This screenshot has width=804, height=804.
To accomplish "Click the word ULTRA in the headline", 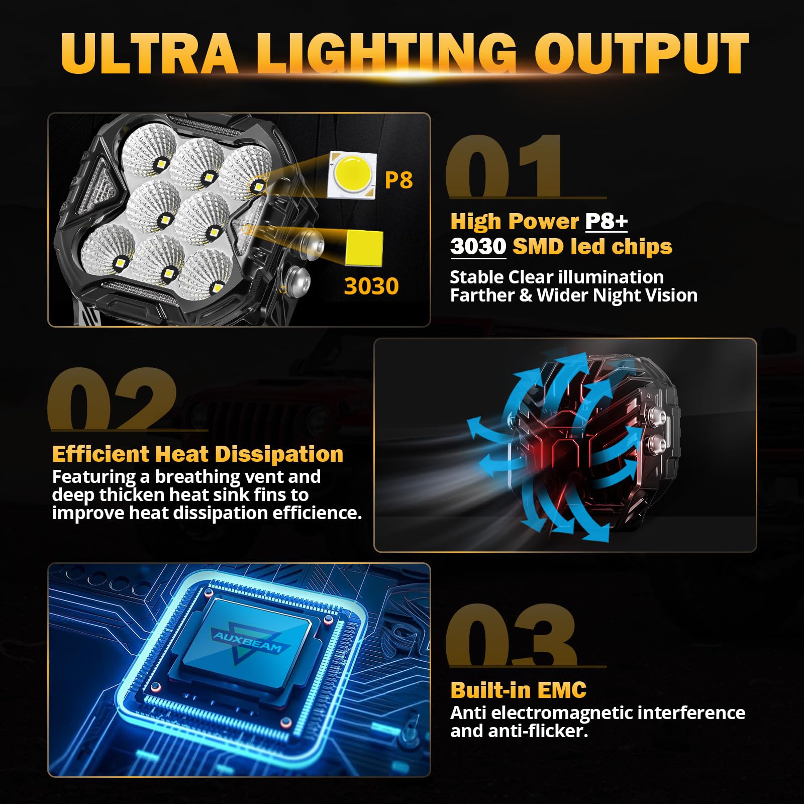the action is click(x=149, y=54).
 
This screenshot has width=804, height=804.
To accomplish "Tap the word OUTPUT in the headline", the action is click(x=642, y=54).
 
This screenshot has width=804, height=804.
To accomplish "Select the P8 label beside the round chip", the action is click(x=398, y=180).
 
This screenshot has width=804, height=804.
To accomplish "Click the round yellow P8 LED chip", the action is click(x=352, y=174).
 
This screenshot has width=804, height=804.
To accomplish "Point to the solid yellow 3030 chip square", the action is click(x=364, y=248).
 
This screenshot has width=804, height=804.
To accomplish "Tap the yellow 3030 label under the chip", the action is click(x=371, y=286).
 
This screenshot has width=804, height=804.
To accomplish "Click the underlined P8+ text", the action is click(x=607, y=222).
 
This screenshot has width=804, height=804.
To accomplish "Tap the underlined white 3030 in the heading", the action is click(x=478, y=247).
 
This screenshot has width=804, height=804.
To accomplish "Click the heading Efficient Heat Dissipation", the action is click(x=197, y=454).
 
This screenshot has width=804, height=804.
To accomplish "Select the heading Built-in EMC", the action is click(x=518, y=690).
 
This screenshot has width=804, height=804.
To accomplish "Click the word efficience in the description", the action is click(x=317, y=513).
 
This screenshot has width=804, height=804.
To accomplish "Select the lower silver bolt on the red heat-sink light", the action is click(x=656, y=443).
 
